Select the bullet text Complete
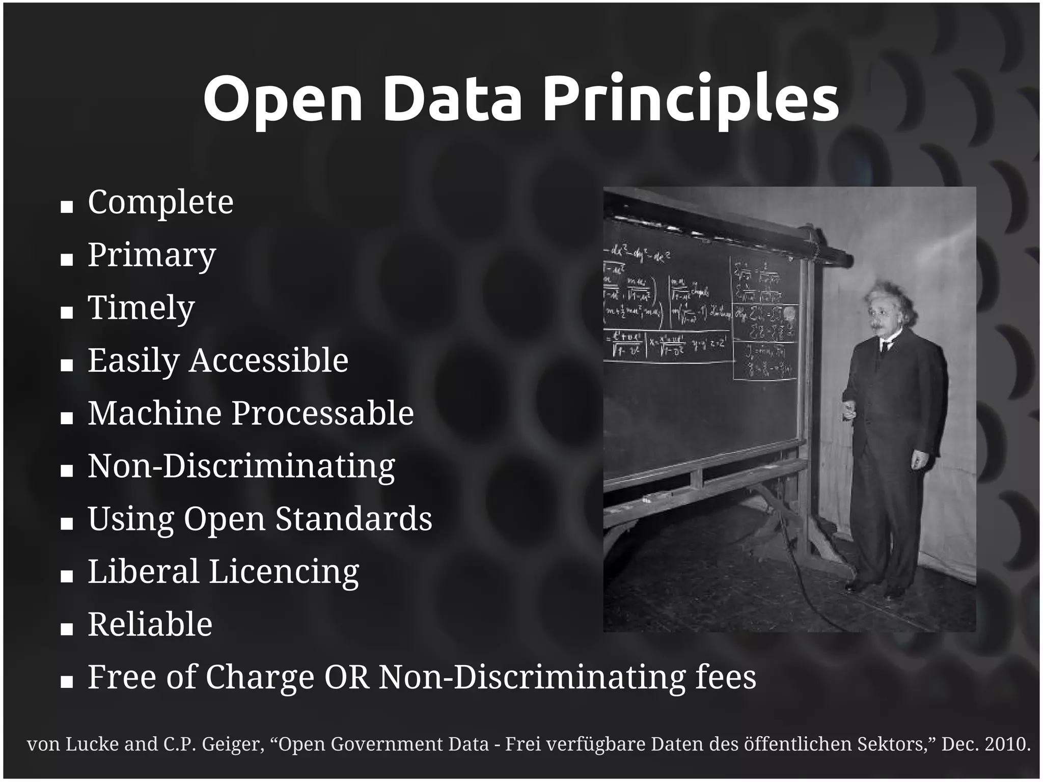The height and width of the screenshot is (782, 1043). click(160, 203)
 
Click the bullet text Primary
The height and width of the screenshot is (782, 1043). click(152, 255)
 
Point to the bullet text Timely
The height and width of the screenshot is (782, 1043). click(141, 308)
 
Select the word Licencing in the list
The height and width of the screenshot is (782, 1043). click(284, 572)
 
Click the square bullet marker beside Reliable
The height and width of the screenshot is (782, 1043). click(67, 629)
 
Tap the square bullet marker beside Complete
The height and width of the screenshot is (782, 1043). click(67, 207)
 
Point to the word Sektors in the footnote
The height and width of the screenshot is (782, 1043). click(896, 744)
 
